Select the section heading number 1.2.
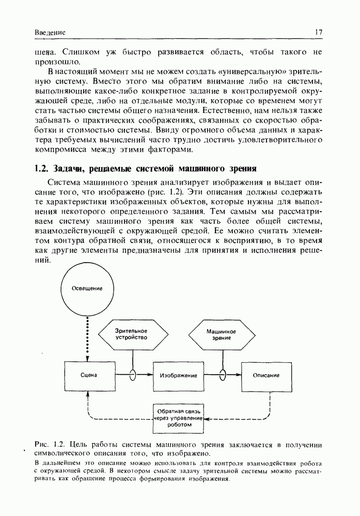point(41,168)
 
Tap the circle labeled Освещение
point(86,288)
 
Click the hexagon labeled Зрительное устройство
point(131,334)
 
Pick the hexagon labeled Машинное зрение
point(221,334)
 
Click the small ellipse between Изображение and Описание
point(223,375)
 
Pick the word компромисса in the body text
point(61,150)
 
